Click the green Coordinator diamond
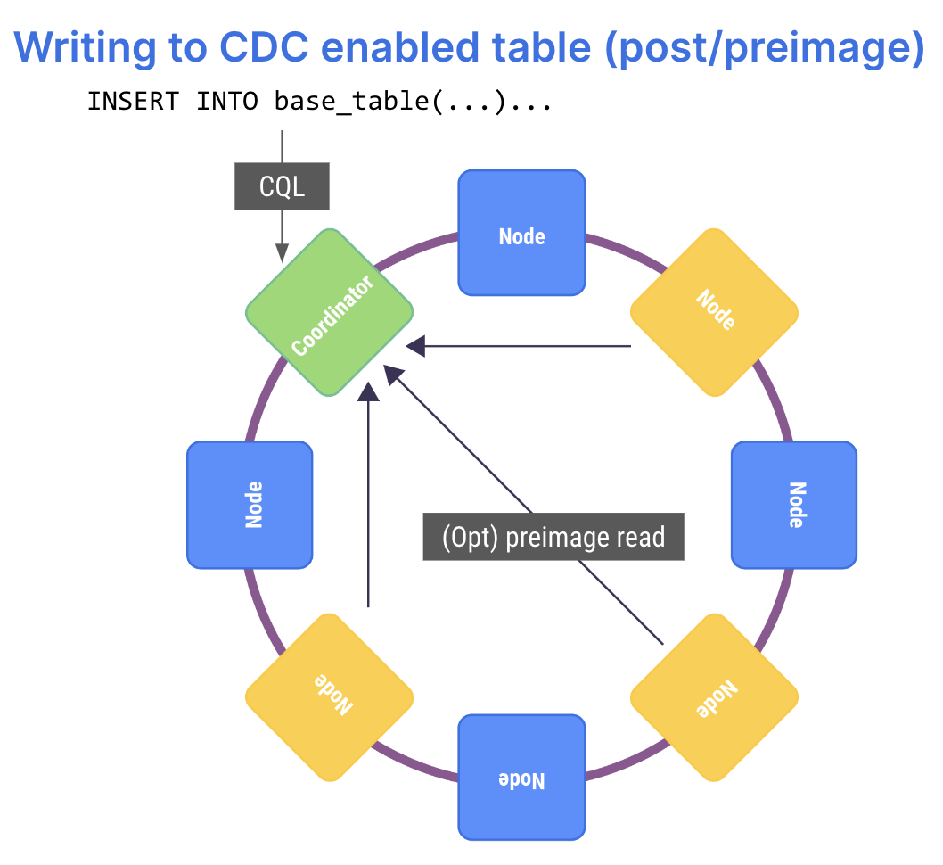click(330, 313)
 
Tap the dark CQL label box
click(282, 186)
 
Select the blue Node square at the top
click(522, 233)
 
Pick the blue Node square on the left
click(250, 505)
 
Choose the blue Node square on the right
click(794, 505)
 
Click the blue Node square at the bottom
click(522, 778)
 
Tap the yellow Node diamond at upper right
click(715, 313)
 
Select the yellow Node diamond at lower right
click(715, 697)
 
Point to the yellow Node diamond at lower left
click(330, 697)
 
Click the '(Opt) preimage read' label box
click(553, 537)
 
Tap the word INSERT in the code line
click(133, 101)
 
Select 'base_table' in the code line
click(351, 101)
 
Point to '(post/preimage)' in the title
click(765, 48)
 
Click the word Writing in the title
click(85, 48)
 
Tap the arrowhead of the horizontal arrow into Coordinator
click(415, 346)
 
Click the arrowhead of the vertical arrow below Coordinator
click(368, 391)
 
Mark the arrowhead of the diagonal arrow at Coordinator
click(393, 375)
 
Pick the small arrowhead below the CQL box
click(282, 252)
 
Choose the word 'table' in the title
click(542, 47)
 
